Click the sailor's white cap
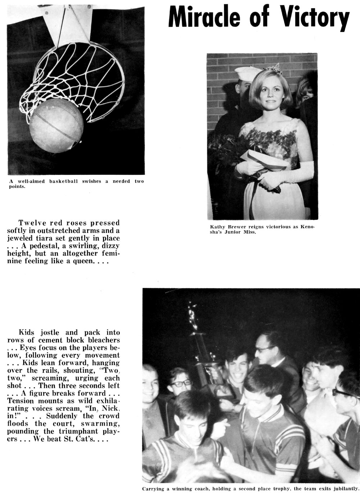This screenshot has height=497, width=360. [245, 73]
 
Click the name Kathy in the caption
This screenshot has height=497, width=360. [217, 227]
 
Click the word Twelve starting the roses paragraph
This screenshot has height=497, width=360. [31, 223]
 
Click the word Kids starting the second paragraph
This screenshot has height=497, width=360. [26, 332]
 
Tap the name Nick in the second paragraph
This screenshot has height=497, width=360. [111, 408]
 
